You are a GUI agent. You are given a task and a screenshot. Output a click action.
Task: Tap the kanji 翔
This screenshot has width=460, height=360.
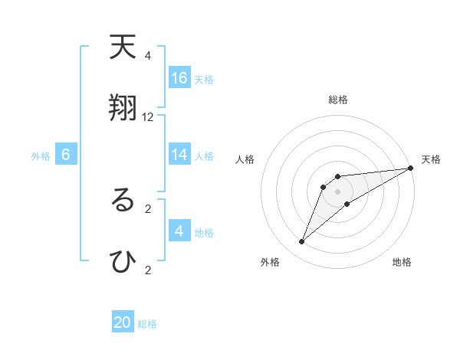(x=123, y=109)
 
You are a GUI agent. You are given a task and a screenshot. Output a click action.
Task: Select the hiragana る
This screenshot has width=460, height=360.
(x=123, y=200)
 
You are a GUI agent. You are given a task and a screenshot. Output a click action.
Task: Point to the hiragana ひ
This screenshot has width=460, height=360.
(x=123, y=261)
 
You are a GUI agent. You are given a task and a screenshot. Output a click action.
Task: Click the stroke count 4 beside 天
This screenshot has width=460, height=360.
(x=148, y=56)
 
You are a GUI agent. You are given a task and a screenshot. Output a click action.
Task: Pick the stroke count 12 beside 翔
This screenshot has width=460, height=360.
(x=148, y=117)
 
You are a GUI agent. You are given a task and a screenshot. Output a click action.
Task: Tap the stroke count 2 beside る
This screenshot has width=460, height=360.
(x=148, y=208)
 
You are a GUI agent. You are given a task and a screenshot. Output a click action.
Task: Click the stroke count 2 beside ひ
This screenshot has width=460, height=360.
(x=148, y=270)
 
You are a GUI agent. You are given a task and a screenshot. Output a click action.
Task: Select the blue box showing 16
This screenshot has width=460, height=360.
(x=179, y=77)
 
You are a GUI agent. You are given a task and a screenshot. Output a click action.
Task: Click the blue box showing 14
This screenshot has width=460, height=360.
(x=179, y=155)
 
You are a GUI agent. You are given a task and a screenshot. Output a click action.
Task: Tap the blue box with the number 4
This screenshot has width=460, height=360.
(x=179, y=231)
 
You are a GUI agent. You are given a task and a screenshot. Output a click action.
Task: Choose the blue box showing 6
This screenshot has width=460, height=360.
(x=66, y=155)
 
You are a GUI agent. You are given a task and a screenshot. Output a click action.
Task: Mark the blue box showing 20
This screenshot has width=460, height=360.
(x=123, y=322)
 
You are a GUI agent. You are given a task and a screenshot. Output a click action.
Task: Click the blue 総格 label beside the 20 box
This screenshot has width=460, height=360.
(x=147, y=324)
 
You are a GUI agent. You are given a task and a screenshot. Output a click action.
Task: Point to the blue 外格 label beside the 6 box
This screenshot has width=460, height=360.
(x=41, y=156)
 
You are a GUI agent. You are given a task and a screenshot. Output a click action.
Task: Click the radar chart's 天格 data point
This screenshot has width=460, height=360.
(x=410, y=169)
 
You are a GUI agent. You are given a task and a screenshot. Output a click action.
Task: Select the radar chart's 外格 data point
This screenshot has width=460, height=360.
(x=302, y=242)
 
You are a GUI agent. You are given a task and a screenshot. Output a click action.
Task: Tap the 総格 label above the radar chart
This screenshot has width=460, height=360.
(x=338, y=100)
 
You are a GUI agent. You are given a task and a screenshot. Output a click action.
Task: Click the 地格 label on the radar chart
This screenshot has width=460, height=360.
(x=402, y=263)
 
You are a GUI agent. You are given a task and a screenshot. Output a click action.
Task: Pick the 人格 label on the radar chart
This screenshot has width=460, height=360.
(x=245, y=159)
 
